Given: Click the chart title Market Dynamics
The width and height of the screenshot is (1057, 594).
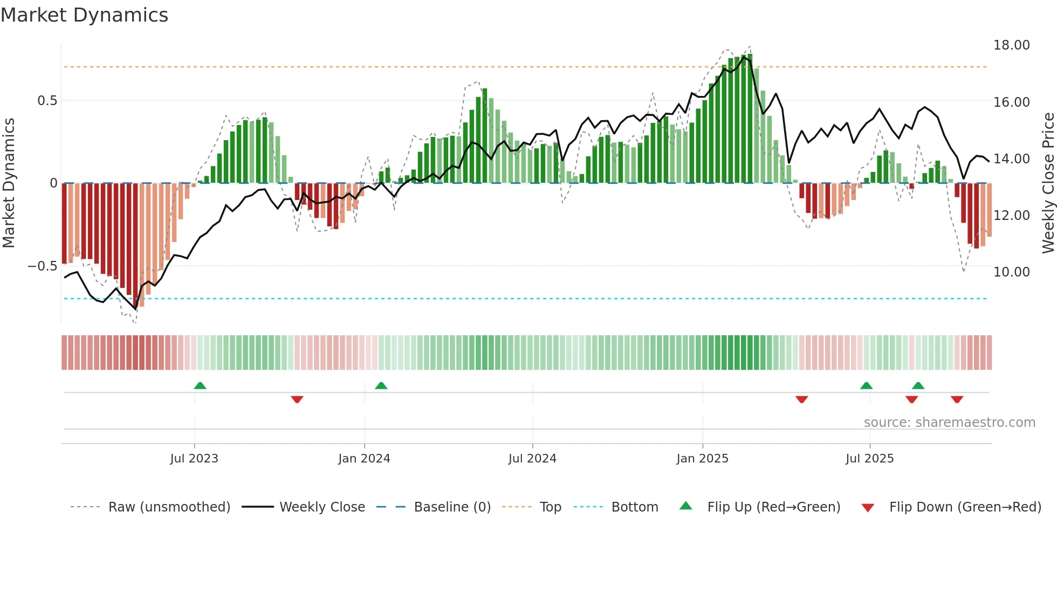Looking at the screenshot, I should (x=84, y=15).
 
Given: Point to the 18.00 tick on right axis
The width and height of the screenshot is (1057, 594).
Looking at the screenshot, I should (x=1011, y=45).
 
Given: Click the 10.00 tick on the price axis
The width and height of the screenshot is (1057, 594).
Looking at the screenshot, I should (x=1011, y=272).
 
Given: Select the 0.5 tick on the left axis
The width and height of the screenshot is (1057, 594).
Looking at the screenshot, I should (x=47, y=101).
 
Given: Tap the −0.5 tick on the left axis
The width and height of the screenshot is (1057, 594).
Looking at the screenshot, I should (x=42, y=266).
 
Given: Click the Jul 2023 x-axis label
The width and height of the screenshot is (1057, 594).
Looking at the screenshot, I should (x=194, y=459).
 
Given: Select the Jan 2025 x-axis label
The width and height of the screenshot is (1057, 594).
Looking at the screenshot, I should (x=702, y=459).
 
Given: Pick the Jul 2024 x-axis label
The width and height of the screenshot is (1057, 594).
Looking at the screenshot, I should (x=532, y=459).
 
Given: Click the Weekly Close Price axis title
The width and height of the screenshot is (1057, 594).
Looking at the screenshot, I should (x=1048, y=183).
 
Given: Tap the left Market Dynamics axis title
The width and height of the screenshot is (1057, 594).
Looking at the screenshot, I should (x=9, y=183).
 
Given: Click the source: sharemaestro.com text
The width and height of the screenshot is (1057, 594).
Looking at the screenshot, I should (x=949, y=423).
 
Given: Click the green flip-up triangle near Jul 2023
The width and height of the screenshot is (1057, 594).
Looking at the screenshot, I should (x=200, y=385).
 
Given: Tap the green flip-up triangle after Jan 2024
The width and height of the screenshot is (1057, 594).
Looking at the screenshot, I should (x=381, y=385).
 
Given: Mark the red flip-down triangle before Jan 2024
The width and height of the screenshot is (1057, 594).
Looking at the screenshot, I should (x=297, y=399).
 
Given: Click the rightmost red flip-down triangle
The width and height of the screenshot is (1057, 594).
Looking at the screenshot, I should (x=957, y=399).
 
